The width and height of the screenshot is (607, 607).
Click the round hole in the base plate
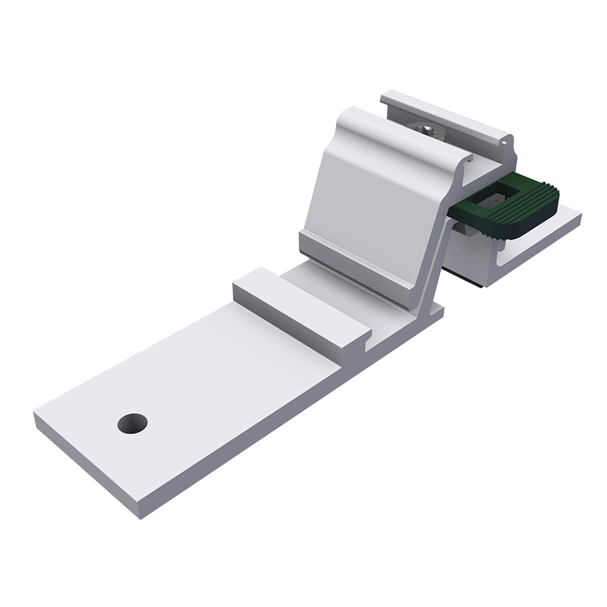pos(132,423)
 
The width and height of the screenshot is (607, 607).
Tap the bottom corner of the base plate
pos(141,518)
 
